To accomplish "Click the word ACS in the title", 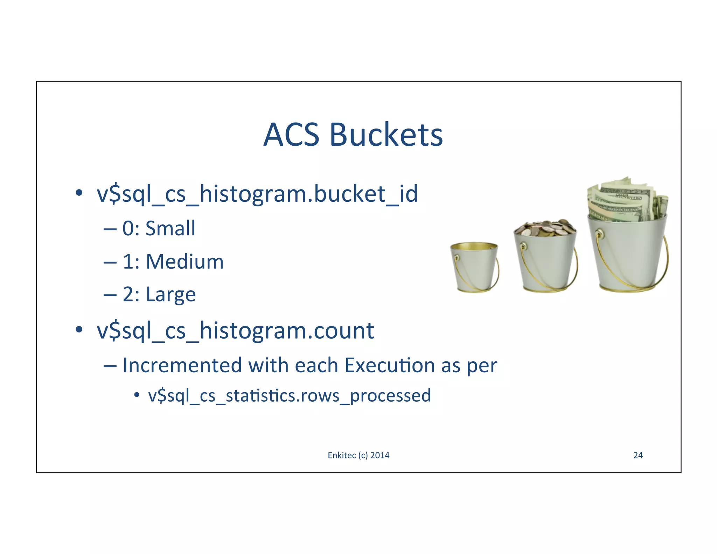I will coord(291,135).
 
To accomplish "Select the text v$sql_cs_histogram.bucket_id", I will coord(257,194).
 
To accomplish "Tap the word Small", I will coord(170,228).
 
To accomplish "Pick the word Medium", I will coord(185,262).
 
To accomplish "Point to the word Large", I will coord(170,295).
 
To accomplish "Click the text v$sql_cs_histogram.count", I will coord(235,331).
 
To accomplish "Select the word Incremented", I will coord(182,365).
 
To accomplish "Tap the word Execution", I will coord(390,365).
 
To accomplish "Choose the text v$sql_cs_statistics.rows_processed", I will coord(289,396).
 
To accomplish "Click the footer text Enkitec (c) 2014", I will coord(358,455).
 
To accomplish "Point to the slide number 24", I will coord(638,455).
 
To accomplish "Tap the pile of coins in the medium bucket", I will coord(545,228).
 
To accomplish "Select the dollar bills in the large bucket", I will coord(627,200).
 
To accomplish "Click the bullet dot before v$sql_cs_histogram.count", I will coord(79,330).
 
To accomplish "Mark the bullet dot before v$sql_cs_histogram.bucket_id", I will coord(79,193).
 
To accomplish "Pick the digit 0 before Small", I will coord(128,229).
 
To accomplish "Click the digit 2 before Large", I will coord(128,295).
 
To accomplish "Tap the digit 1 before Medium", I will coord(128,262).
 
